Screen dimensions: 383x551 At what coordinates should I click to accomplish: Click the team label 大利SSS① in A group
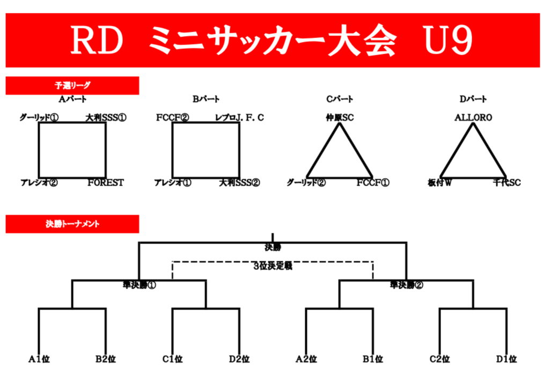tap(106, 117)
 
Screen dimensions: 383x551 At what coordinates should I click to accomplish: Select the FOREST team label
tap(106, 183)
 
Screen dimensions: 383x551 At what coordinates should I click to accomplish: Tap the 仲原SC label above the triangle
tap(340, 117)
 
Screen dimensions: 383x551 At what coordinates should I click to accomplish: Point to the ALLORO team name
tap(473, 117)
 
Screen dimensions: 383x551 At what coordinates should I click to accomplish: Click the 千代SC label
tap(506, 183)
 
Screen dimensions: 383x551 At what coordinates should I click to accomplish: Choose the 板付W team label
tap(440, 183)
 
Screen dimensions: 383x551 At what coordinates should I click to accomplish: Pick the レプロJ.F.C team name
tap(239, 117)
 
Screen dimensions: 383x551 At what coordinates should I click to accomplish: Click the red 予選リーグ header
tap(72, 85)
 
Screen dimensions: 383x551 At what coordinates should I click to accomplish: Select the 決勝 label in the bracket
tap(273, 248)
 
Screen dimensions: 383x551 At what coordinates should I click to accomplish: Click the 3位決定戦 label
tap(273, 266)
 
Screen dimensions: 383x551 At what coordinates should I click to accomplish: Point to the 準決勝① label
tap(139, 285)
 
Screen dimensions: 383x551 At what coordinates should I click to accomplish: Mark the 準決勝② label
tap(406, 285)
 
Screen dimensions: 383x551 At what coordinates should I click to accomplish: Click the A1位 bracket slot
tap(39, 359)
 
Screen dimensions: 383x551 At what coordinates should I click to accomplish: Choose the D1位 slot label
tap(506, 359)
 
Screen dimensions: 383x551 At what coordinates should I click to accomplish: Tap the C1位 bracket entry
tap(173, 359)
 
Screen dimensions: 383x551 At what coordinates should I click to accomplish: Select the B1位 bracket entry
tap(372, 359)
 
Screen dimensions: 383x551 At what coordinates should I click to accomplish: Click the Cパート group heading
tap(340, 99)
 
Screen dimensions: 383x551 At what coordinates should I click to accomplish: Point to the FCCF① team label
tap(373, 183)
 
